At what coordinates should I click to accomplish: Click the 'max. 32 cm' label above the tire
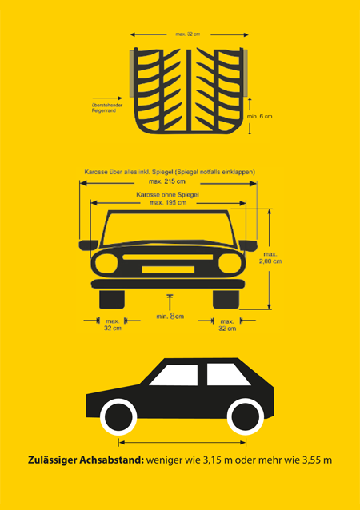[x=188, y=34]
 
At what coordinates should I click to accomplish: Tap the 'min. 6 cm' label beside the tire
[x=259, y=117]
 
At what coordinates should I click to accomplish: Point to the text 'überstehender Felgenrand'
[x=107, y=108]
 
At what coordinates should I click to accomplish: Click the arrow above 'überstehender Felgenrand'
[x=107, y=98]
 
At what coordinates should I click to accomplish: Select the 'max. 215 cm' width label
[x=167, y=181]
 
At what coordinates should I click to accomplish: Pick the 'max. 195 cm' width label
[x=168, y=202]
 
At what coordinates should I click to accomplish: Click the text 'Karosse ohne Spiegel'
[x=167, y=195]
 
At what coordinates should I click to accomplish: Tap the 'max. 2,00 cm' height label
[x=270, y=257]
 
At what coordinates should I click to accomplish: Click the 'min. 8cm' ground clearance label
[x=170, y=316]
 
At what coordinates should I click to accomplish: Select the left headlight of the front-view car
[x=106, y=263]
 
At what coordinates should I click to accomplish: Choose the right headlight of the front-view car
[x=230, y=263]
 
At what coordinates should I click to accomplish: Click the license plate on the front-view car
[x=168, y=269]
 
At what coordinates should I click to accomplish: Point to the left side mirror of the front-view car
[x=88, y=245]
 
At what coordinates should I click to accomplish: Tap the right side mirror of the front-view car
[x=248, y=245]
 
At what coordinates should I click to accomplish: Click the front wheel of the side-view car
[x=118, y=417]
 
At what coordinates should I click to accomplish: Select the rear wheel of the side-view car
[x=246, y=417]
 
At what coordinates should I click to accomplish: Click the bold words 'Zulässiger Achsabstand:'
[x=86, y=460]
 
